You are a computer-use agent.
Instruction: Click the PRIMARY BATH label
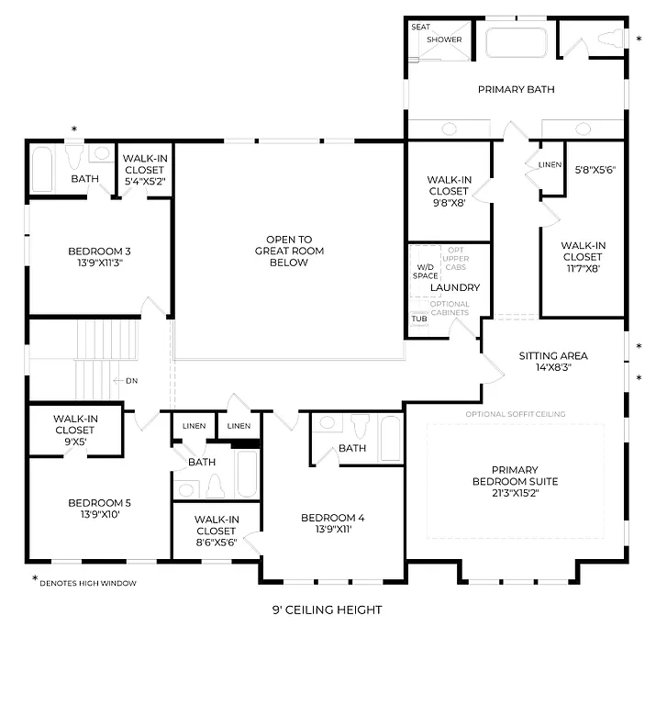516,89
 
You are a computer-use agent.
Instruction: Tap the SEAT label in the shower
420,28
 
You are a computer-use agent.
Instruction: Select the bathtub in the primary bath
515,42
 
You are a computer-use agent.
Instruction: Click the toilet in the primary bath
609,39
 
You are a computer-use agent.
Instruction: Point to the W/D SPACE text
425,271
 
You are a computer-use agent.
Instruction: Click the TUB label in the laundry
418,319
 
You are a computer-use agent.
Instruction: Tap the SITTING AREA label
552,355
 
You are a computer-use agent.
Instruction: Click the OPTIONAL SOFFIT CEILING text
515,414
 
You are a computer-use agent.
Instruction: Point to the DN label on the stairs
130,380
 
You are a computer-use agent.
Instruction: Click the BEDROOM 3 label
99,251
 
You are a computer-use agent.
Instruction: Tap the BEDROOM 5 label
99,502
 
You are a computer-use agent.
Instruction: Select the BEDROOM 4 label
332,519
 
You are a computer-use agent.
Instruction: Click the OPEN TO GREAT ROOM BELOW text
289,251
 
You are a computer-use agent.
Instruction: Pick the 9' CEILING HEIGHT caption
327,610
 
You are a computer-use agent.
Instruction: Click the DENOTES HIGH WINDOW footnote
86,582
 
